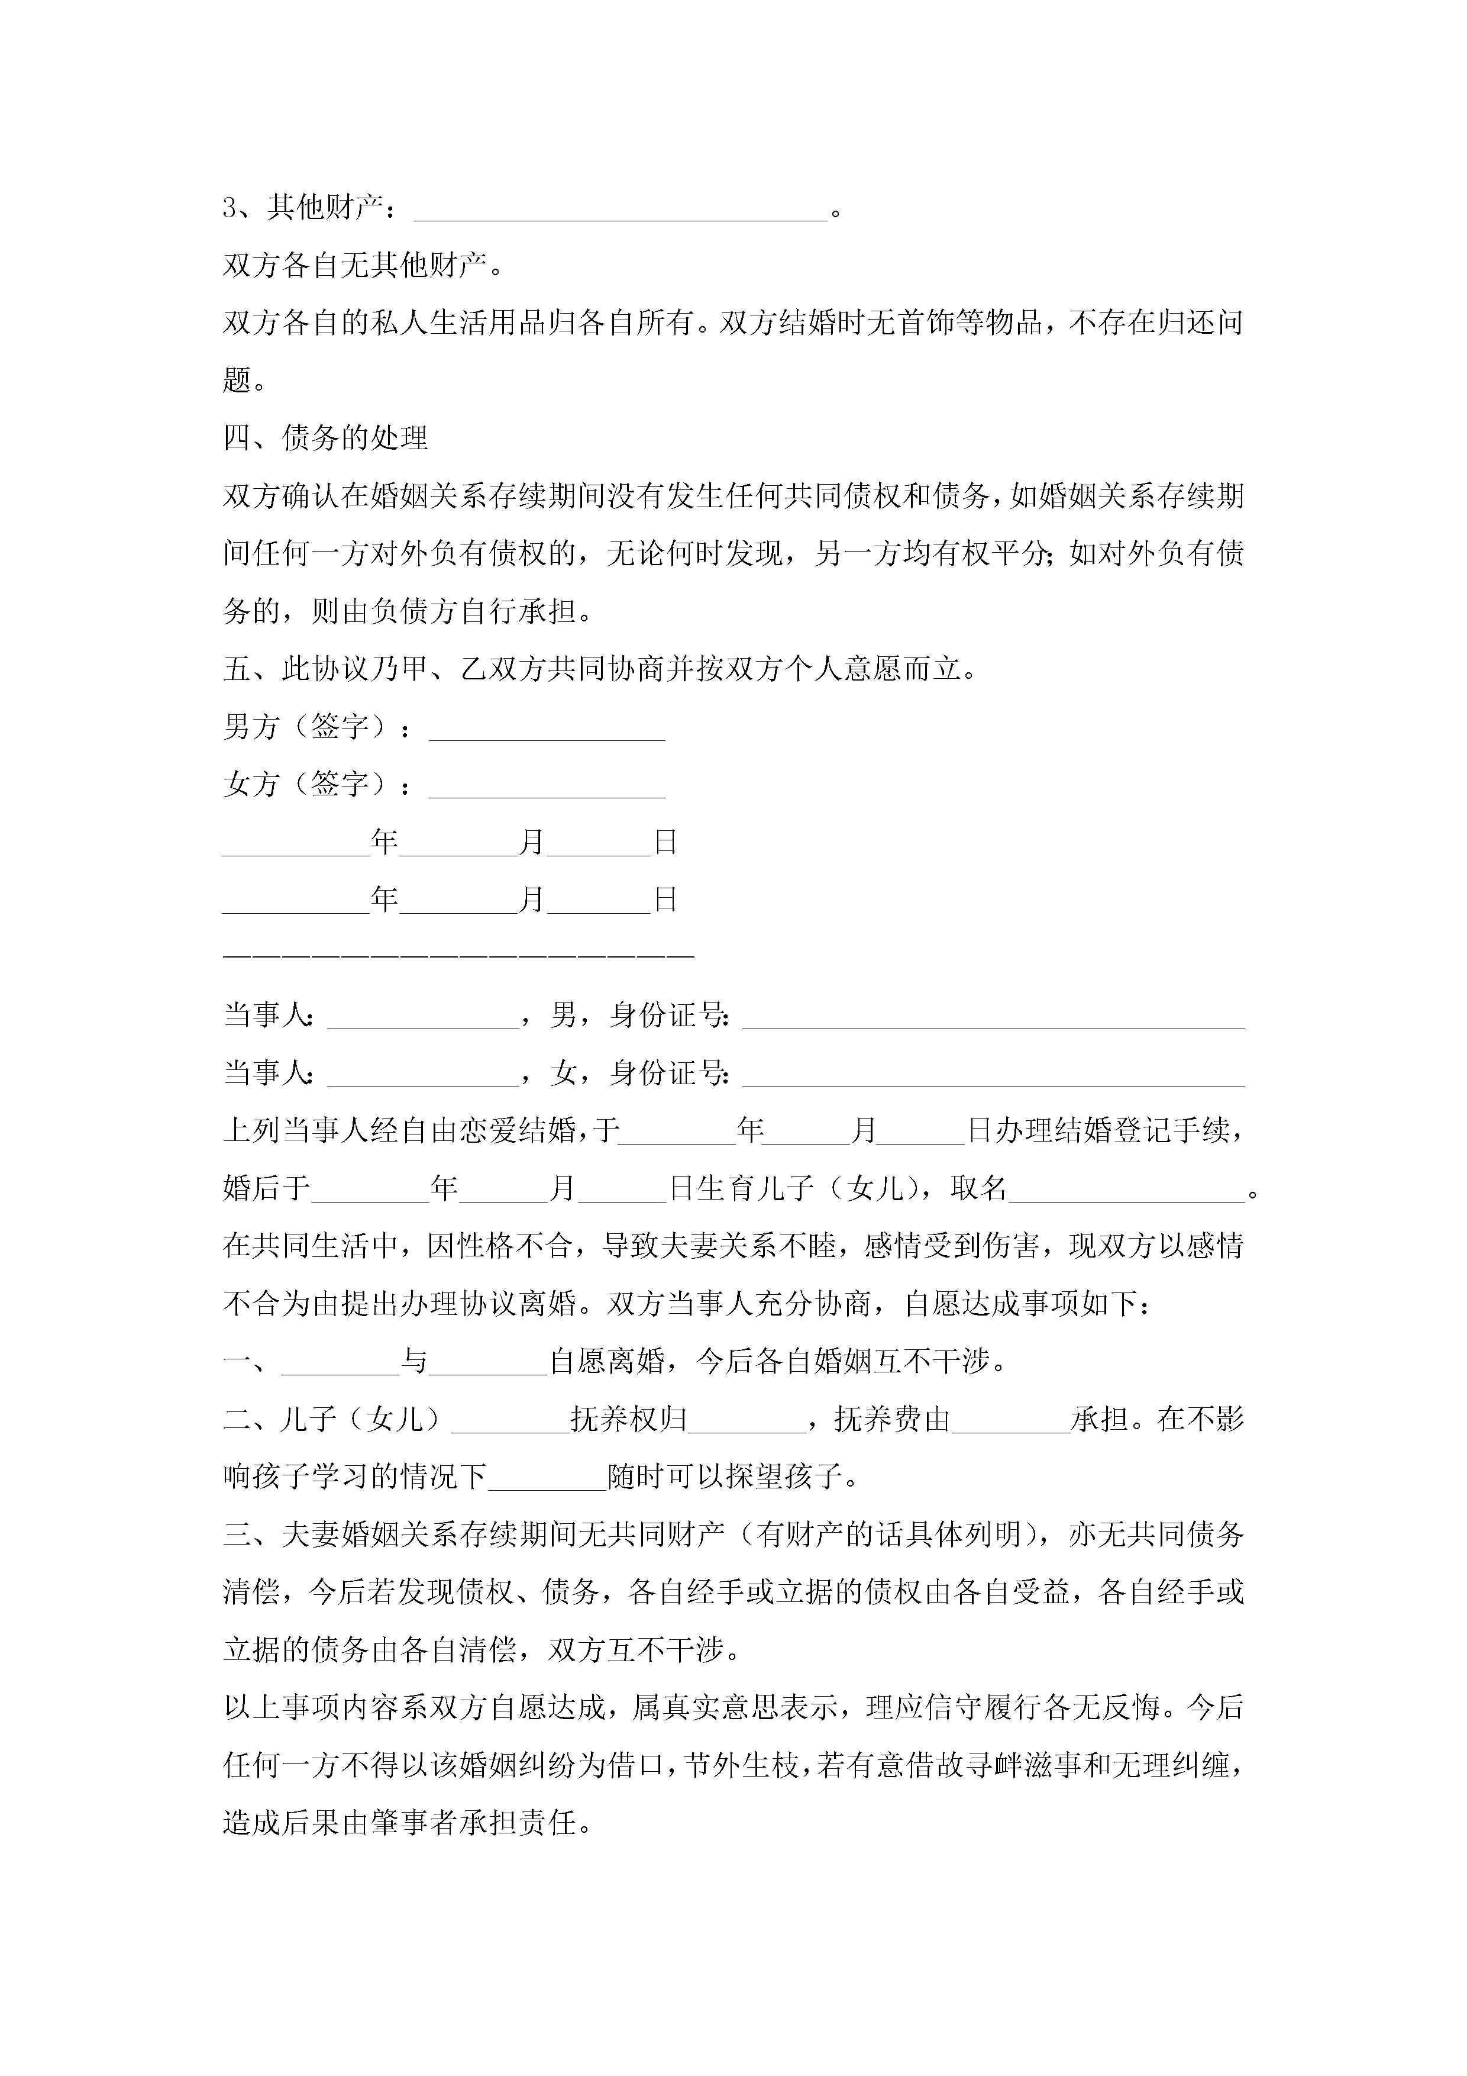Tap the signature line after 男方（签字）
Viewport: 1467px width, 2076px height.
547,733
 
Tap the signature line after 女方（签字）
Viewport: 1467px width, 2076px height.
547,790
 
